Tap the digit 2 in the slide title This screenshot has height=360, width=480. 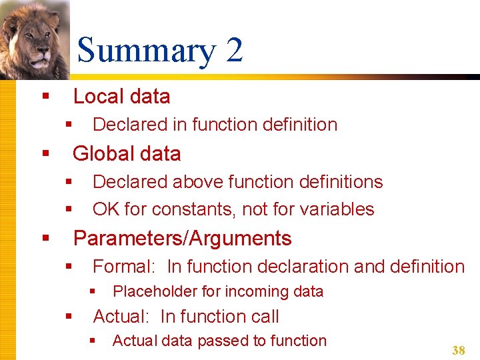tap(234, 51)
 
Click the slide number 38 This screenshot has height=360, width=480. tap(458, 351)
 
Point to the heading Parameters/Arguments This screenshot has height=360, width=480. tap(182, 239)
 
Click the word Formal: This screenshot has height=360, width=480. tap(124, 267)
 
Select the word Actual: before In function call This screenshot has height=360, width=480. tap(124, 317)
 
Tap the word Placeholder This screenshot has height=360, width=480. tap(155, 291)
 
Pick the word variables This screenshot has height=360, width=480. tap(337, 209)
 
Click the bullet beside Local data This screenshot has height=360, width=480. tap(45, 97)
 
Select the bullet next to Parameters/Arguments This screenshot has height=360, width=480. tap(45, 238)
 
